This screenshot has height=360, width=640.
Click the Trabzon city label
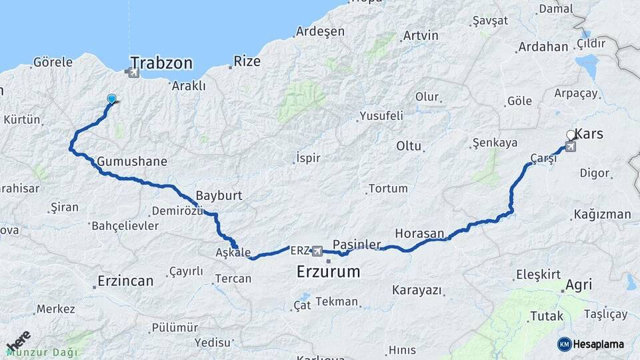click(162, 63)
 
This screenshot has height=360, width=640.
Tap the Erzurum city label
click(329, 272)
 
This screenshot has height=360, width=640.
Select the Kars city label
click(589, 134)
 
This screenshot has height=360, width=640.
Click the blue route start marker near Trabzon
click(111, 99)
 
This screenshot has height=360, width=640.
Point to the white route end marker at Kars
click(571, 135)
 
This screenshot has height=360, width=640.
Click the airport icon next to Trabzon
click(134, 71)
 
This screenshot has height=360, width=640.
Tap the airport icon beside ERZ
click(317, 251)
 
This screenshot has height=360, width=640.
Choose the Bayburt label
click(219, 197)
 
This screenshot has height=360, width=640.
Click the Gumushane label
click(131, 161)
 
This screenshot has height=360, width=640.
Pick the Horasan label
click(419, 233)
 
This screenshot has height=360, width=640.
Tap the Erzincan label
click(125, 281)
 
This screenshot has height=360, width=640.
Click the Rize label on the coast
click(247, 61)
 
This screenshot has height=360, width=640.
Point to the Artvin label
click(421, 35)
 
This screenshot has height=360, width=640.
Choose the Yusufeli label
click(381, 116)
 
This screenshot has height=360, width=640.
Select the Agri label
click(578, 285)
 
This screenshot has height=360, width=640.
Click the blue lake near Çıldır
click(587, 67)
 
